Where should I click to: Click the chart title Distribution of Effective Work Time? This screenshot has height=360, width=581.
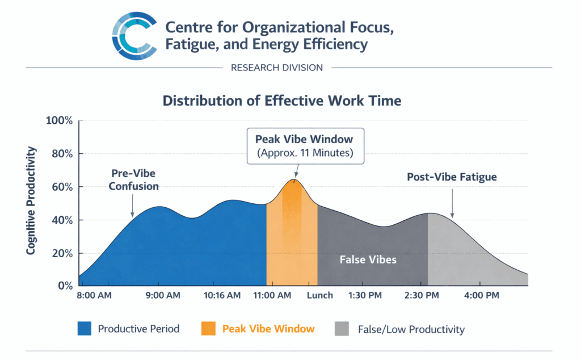(282, 101)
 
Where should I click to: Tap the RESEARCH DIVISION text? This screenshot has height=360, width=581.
(277, 68)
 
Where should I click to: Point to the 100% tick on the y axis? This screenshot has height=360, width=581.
(59, 121)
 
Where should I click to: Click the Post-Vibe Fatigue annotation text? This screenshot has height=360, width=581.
(452, 177)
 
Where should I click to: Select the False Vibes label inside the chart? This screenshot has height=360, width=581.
(368, 259)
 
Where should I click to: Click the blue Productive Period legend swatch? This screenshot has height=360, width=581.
(85, 329)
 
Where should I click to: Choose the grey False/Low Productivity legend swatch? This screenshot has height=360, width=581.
(343, 329)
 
